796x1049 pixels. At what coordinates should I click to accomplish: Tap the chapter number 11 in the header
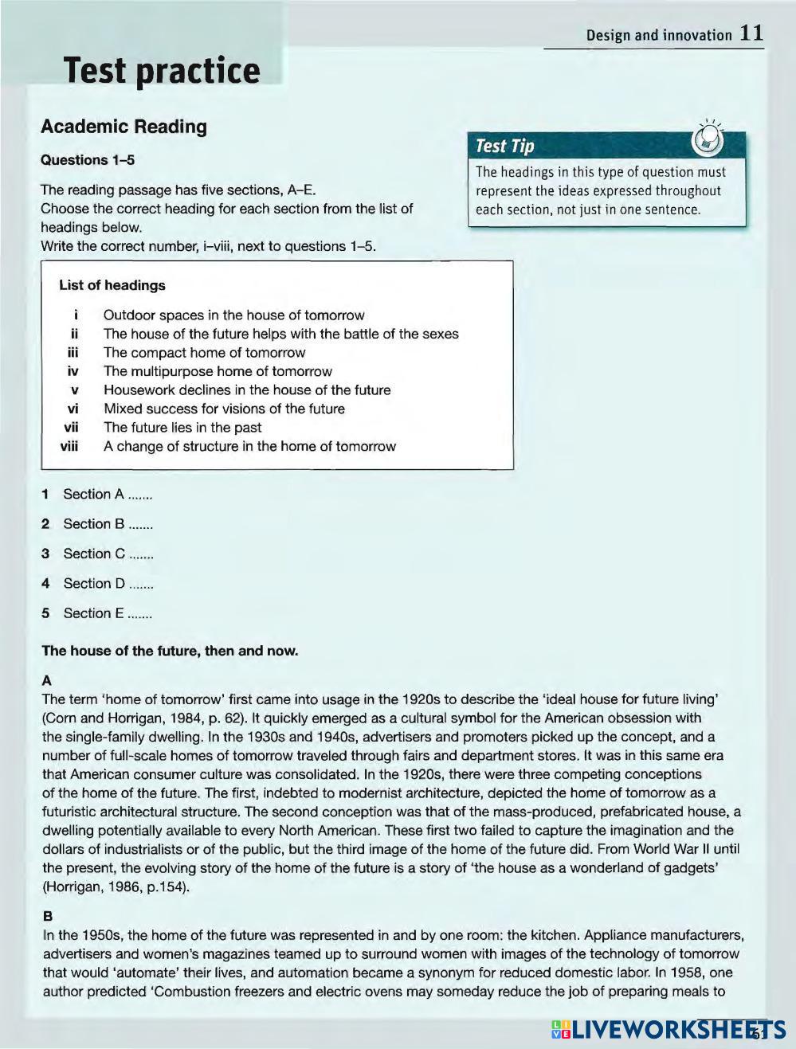pos(751,33)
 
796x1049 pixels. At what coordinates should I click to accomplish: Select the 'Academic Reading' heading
pos(124,127)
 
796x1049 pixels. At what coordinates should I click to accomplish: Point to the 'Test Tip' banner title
pos(504,146)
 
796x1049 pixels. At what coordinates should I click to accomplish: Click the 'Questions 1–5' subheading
pos(88,160)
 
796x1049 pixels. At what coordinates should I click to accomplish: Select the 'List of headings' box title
pos(112,285)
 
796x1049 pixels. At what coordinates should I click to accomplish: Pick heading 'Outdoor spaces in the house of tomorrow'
pos(233,315)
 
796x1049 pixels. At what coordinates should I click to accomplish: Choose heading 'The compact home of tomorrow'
pos(204,353)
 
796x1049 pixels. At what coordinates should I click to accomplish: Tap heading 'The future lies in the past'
pos(182,428)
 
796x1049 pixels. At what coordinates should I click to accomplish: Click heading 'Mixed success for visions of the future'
pos(224,409)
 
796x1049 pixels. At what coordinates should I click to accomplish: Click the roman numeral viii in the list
pos(70,446)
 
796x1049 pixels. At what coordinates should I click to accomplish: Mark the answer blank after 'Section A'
pos(139,495)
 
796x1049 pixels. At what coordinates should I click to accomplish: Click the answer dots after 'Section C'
pos(141,555)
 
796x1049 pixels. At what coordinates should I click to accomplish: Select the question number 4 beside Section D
pos(46,584)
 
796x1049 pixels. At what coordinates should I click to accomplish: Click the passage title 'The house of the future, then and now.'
pos(170,651)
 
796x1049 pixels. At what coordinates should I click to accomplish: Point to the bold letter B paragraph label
pos(47,916)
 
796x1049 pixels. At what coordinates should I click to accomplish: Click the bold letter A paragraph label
pos(47,681)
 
